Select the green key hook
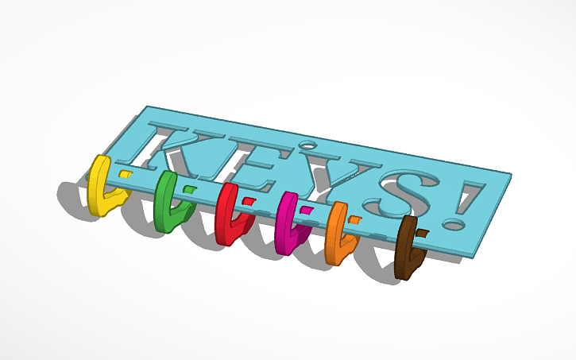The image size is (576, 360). point(167,203)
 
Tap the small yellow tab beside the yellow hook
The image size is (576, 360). point(125,174)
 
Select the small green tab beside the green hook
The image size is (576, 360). point(189,188)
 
